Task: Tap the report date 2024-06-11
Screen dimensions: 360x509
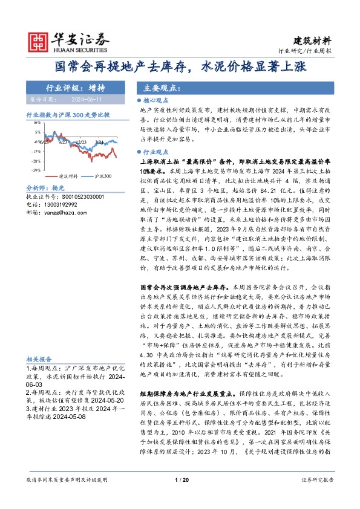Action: [86, 99]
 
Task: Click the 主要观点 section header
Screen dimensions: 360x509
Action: [157, 88]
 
